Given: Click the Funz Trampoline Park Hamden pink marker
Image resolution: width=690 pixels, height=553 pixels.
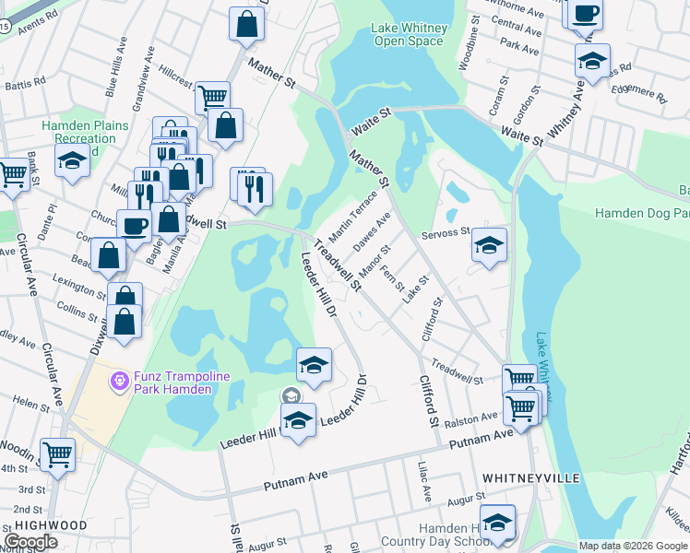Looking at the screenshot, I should click(118, 380).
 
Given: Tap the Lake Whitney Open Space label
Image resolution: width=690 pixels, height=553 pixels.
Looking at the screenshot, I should click(409, 34).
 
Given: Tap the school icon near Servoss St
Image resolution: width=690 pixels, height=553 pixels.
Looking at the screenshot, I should click(490, 245).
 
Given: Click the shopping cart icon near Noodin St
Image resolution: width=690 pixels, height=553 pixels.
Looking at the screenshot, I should click(58, 453).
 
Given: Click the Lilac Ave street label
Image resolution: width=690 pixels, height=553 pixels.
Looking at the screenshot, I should click(425, 482).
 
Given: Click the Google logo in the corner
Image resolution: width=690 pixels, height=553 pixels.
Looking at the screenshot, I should click(30, 541).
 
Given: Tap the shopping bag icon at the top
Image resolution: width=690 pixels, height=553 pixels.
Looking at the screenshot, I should click(246, 25).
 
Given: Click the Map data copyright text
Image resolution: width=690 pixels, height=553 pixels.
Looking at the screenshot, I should click(632, 546).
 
